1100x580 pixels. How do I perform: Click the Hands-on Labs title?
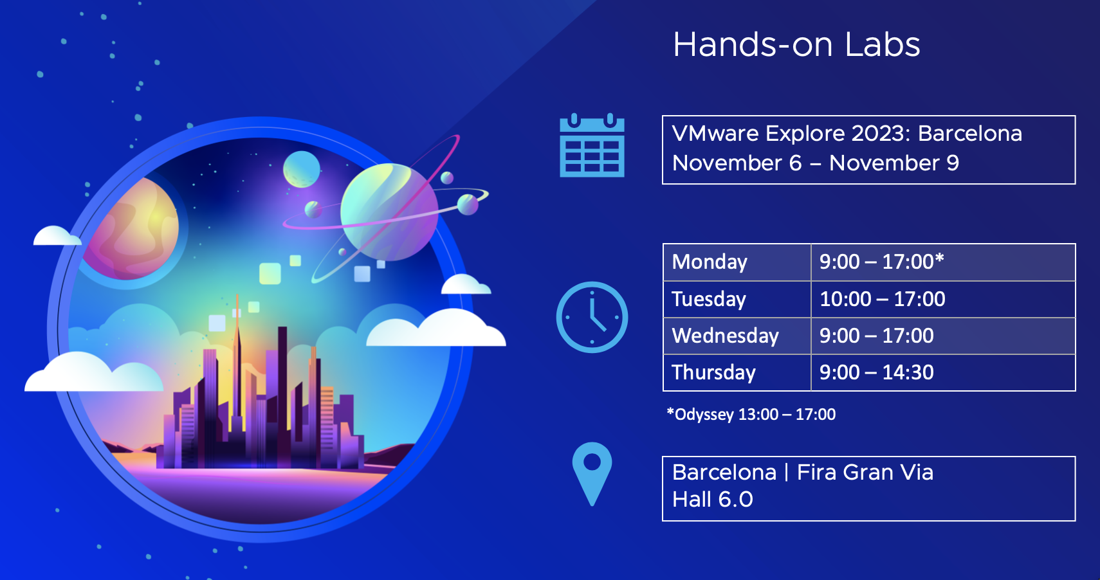click(x=796, y=44)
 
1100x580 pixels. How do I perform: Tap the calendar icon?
click(x=592, y=145)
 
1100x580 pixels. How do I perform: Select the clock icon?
click(x=592, y=317)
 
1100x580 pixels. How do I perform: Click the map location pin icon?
click(x=592, y=473)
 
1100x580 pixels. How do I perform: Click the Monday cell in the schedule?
click(x=737, y=262)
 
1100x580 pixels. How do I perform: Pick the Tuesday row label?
click(x=709, y=299)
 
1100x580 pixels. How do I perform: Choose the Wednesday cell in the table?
click(x=737, y=336)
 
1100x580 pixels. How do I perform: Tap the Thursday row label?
click(x=713, y=372)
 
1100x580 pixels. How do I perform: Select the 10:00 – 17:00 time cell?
click(x=943, y=299)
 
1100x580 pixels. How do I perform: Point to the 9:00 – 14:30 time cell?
click(x=943, y=372)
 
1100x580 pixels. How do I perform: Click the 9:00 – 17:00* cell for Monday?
click(x=943, y=262)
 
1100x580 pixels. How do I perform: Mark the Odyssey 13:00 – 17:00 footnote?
click(x=751, y=414)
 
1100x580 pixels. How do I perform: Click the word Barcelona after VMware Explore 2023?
click(x=970, y=134)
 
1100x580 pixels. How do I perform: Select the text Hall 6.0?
click(x=712, y=500)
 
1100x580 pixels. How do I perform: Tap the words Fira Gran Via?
click(x=865, y=473)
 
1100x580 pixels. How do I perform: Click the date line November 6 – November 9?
click(x=815, y=163)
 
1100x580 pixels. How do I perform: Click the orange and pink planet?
click(x=132, y=229)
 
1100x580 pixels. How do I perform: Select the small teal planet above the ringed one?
click(x=302, y=169)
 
